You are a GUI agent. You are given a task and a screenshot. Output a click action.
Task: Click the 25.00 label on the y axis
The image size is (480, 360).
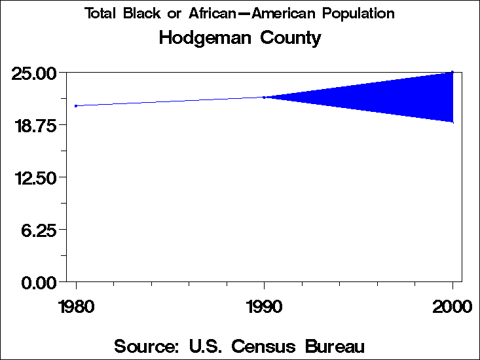(33, 73)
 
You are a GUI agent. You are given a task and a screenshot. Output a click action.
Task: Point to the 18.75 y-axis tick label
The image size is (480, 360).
(33, 125)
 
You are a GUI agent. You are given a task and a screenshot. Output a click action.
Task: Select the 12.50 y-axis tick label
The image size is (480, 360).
(33, 177)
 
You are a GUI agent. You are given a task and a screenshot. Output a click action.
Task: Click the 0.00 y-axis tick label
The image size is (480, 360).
(37, 282)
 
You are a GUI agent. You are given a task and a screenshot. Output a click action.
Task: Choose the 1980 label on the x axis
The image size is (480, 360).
(76, 306)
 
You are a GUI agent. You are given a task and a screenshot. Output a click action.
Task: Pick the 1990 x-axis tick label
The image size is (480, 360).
(264, 306)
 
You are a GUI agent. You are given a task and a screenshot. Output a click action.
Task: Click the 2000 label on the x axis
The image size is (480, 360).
(452, 306)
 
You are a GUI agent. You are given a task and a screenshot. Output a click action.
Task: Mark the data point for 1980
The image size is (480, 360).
(76, 105)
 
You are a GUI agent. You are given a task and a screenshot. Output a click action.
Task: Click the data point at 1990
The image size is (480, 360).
(264, 98)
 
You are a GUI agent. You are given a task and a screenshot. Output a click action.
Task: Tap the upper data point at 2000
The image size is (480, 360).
(452, 72)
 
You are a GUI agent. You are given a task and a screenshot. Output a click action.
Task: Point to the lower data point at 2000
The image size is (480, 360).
(452, 122)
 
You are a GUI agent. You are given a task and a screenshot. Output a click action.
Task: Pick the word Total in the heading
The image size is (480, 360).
(100, 14)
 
